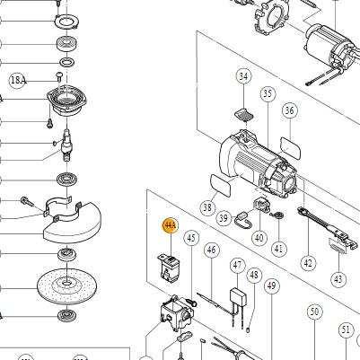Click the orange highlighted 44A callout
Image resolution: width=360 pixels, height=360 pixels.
(x=170, y=225)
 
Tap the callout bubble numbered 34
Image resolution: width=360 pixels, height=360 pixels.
(x=244, y=76)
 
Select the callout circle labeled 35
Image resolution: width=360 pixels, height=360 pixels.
(x=268, y=93)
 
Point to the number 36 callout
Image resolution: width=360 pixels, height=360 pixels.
(x=289, y=110)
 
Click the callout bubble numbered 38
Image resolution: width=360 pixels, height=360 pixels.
(x=207, y=207)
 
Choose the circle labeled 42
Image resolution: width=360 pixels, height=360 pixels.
(x=308, y=263)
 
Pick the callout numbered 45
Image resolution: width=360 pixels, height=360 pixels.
(x=191, y=238)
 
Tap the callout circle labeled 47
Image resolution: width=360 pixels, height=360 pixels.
(x=238, y=265)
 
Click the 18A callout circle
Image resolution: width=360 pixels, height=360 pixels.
(x=18, y=80)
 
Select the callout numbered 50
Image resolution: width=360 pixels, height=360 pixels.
(x=314, y=312)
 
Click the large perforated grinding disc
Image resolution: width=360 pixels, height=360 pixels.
(x=66, y=285)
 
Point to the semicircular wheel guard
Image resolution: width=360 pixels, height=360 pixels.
(x=73, y=222)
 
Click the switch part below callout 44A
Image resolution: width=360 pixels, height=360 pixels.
(x=168, y=268)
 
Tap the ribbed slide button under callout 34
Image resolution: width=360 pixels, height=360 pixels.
(x=243, y=114)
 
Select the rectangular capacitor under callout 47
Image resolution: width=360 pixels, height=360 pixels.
(x=238, y=295)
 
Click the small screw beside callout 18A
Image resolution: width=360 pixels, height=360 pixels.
(x=59, y=76)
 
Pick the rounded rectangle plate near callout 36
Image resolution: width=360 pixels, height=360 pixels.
(x=290, y=147)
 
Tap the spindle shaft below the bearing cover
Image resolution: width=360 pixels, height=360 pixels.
(x=67, y=145)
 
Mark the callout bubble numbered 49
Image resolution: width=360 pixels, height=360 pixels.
(x=271, y=286)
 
